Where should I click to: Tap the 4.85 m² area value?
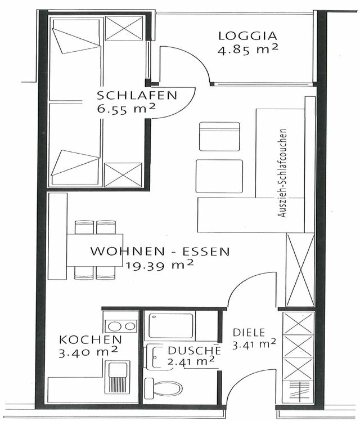pyautogui.click(x=248, y=50)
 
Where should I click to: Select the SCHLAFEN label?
pyautogui.click(x=137, y=95)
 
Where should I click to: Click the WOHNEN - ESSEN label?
pyautogui.click(x=160, y=252)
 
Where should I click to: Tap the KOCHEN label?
pyautogui.click(x=90, y=340)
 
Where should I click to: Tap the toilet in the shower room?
pyautogui.click(x=164, y=388)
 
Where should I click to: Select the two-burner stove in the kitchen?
pyautogui.click(x=120, y=325)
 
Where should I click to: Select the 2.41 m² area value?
pyautogui.click(x=191, y=361)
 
